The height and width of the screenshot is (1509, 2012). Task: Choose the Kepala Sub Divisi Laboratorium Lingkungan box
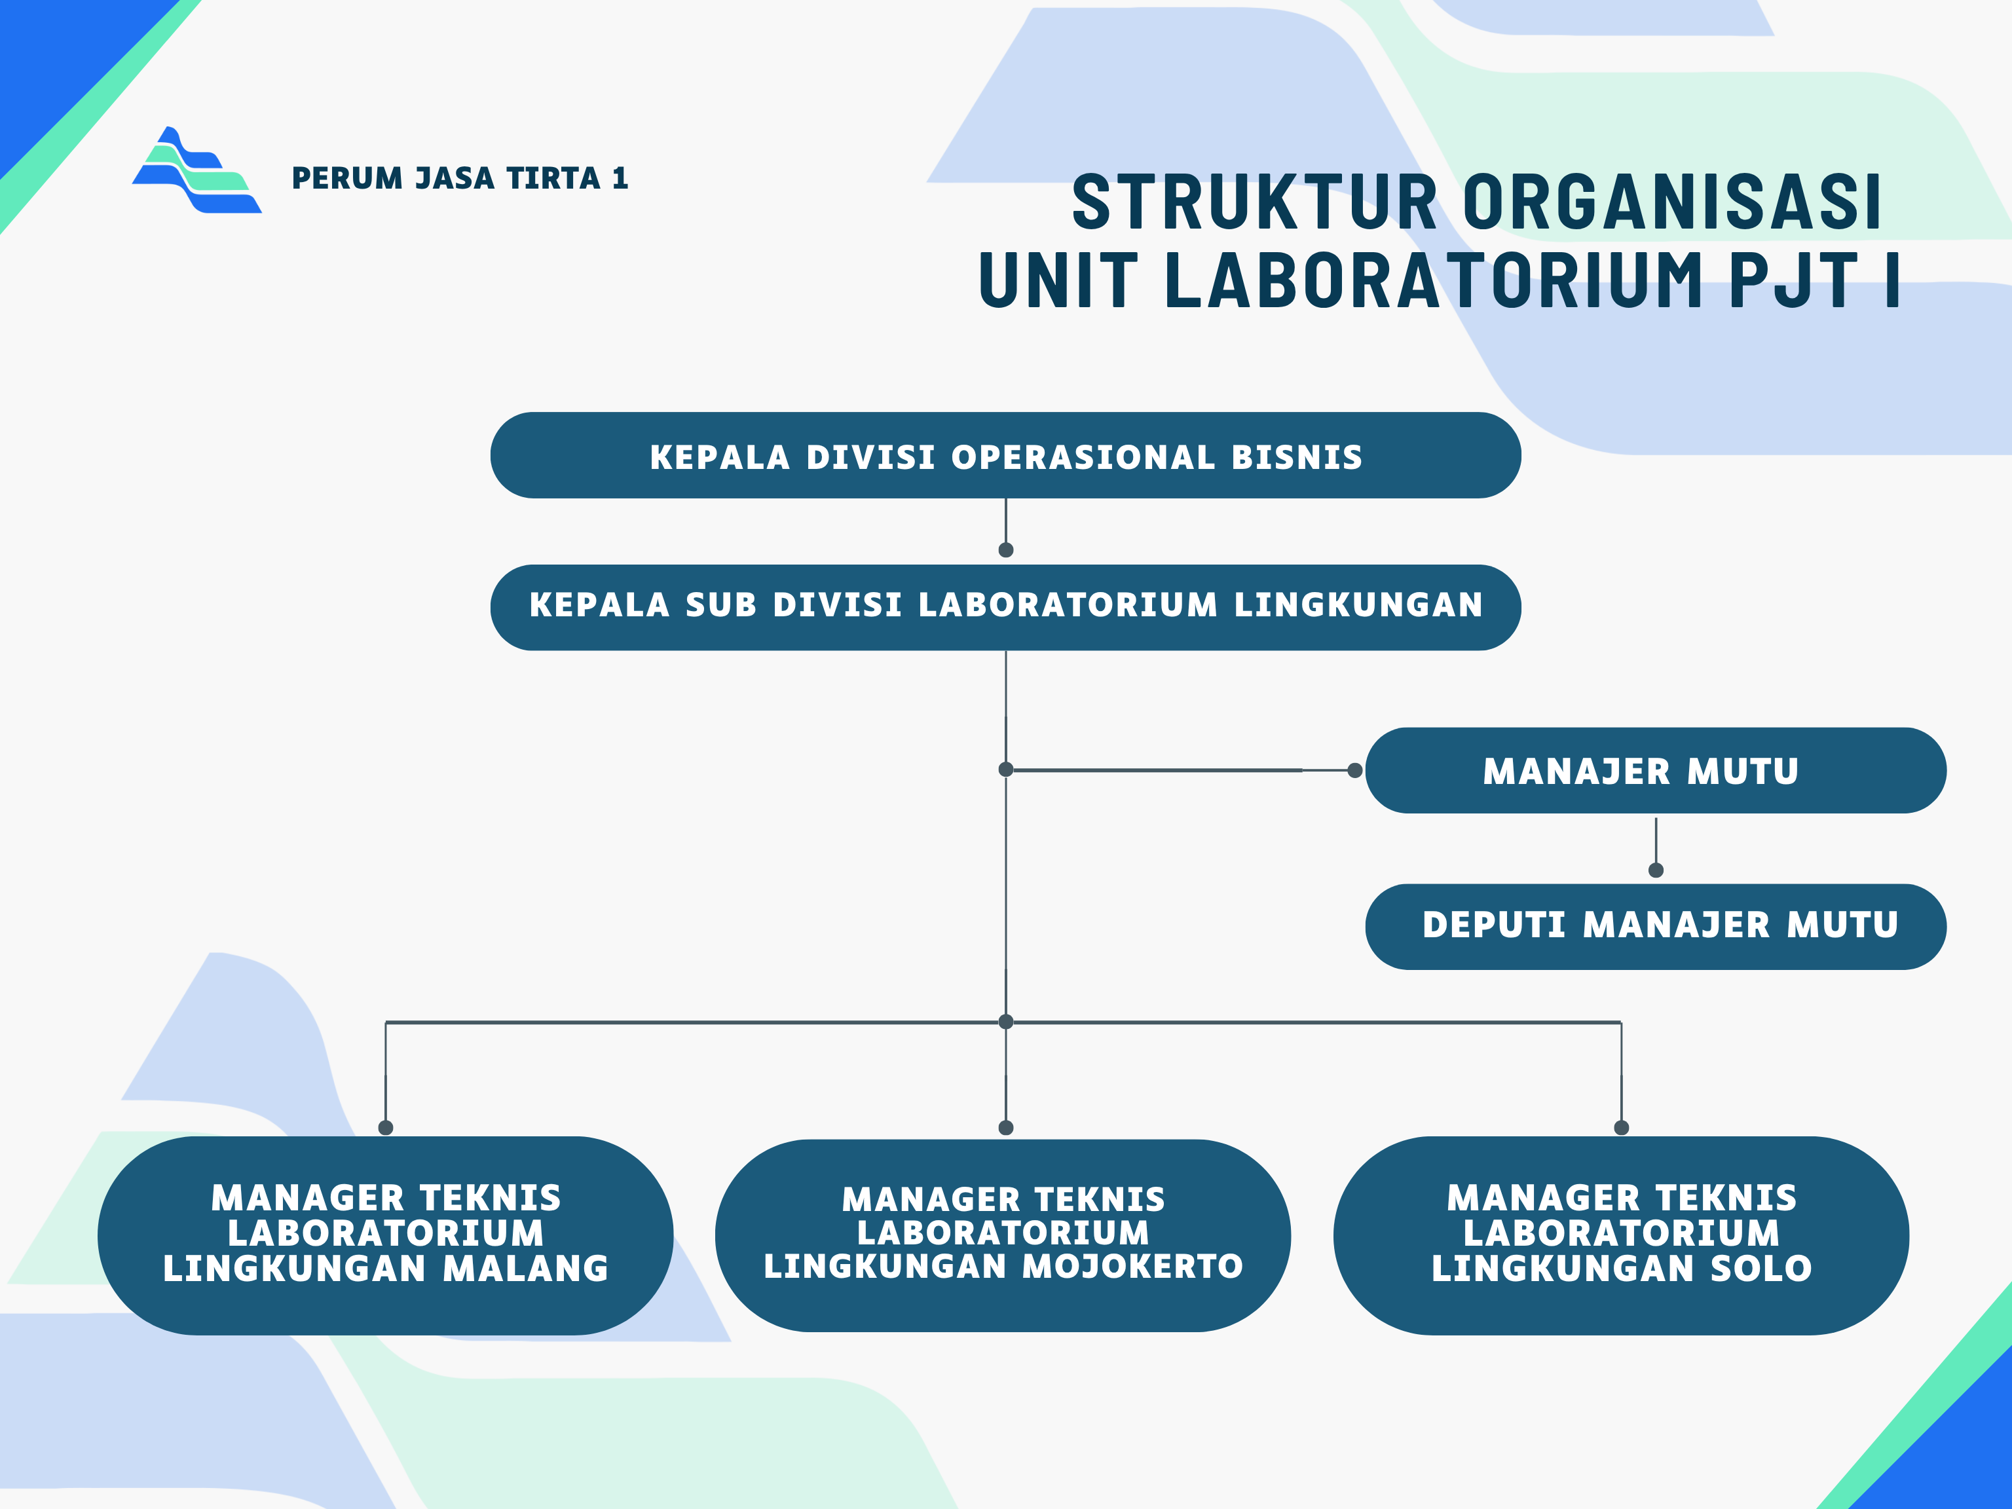pyautogui.click(x=1005, y=606)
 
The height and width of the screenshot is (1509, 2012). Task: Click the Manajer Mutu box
pyautogui.click(x=1654, y=770)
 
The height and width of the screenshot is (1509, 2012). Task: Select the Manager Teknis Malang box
pyautogui.click(x=386, y=1235)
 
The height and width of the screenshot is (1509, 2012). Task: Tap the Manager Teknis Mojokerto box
pyautogui.click(x=1003, y=1235)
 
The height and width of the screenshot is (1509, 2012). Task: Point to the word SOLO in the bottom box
pyautogui.click(x=1761, y=1268)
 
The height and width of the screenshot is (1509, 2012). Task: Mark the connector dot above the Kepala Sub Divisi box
pyautogui.click(x=1006, y=550)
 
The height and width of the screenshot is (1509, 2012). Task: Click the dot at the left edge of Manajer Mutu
pyautogui.click(x=1354, y=770)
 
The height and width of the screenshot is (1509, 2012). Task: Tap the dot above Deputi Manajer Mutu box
pyautogui.click(x=1656, y=870)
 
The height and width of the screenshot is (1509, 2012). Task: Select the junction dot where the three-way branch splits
pyautogui.click(x=1006, y=1022)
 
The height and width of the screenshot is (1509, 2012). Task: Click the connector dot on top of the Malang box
pyautogui.click(x=386, y=1128)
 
